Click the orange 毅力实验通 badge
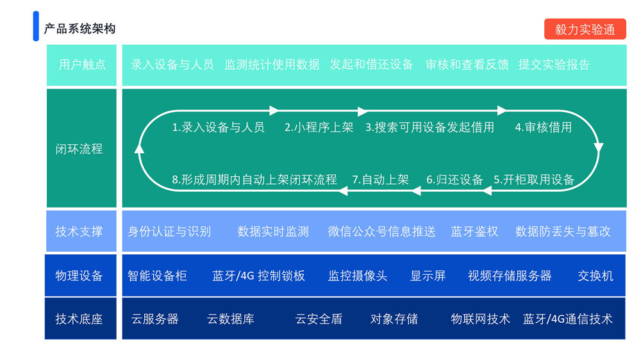point(585,29)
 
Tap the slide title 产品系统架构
point(79,29)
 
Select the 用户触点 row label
point(81,64)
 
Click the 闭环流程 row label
point(79,149)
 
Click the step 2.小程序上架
point(319,127)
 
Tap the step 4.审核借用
point(544,127)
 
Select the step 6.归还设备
point(454,179)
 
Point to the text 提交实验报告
point(554,64)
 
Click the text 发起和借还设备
point(371,64)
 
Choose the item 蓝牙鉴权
point(474,231)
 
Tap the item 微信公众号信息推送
point(381,231)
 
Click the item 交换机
point(595,275)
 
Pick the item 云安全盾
point(319,318)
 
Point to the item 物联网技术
point(480,318)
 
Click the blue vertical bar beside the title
point(36,26)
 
